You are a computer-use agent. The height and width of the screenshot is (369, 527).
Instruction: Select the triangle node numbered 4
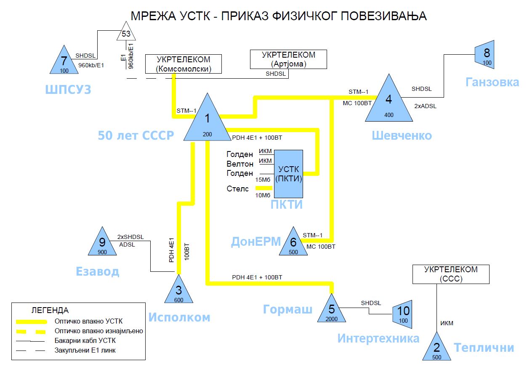click(389, 103)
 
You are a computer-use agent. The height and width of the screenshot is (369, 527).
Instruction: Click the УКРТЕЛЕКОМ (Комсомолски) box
click(183, 64)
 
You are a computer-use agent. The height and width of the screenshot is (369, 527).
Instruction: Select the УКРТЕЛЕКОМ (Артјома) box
click(288, 59)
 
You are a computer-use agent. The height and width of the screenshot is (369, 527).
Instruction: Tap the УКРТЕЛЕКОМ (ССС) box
click(451, 274)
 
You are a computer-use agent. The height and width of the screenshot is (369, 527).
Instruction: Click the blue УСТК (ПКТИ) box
click(289, 174)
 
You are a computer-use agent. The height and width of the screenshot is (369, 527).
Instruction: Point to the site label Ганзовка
click(492, 82)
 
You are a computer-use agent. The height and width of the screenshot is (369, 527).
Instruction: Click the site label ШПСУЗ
click(68, 90)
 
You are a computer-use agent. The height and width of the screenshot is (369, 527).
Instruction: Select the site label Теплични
click(484, 348)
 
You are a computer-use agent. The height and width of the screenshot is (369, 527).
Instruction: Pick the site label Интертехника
click(378, 338)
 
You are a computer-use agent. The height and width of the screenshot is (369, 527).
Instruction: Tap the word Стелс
click(238, 189)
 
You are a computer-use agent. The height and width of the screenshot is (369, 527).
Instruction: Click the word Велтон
click(240, 164)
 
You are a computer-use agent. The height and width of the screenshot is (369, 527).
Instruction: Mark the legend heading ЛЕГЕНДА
click(50, 311)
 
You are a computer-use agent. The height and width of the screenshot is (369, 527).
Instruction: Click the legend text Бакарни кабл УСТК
click(85, 340)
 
